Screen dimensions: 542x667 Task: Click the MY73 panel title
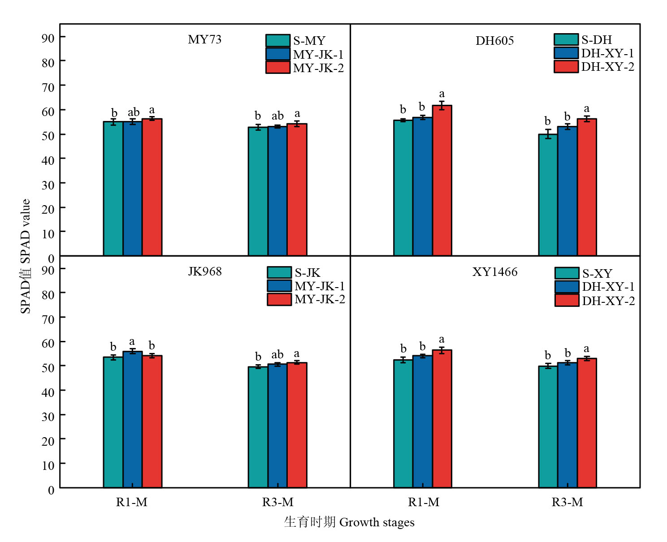[x=204, y=39]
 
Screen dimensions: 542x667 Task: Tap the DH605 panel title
[x=494, y=41]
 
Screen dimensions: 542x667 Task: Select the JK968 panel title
[x=204, y=271]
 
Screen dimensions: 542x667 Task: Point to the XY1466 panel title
[x=494, y=272]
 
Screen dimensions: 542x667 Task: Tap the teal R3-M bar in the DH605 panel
[x=548, y=195]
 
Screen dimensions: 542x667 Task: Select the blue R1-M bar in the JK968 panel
[x=132, y=419]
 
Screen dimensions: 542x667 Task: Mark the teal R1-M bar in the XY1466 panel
[x=403, y=423]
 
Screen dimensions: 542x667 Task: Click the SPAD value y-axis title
[x=26, y=256]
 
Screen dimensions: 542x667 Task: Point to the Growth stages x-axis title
[x=349, y=522]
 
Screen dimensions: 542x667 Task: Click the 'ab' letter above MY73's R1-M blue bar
[x=134, y=112]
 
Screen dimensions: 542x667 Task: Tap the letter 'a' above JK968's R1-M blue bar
[x=132, y=342]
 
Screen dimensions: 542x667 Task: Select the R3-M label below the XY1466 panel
[x=567, y=502]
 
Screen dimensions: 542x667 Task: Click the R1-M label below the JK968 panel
[x=132, y=502]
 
